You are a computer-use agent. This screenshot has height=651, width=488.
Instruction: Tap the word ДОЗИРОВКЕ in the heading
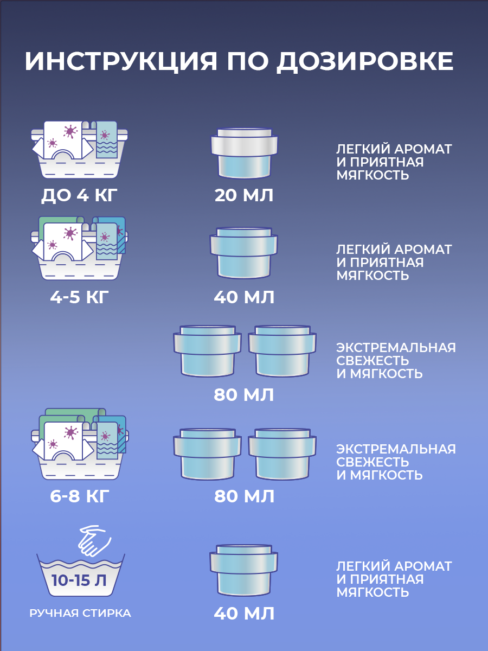coord(364,61)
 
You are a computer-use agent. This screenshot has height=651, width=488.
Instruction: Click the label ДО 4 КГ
coord(79,195)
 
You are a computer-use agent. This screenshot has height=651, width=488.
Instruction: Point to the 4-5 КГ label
coord(79,297)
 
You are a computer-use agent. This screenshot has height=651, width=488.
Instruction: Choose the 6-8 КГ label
coord(79,496)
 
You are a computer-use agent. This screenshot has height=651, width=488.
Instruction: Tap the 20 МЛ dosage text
coord(244,195)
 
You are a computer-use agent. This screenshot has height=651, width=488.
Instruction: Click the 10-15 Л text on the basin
coord(79,580)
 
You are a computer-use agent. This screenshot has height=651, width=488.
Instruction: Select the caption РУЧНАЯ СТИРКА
coord(80,614)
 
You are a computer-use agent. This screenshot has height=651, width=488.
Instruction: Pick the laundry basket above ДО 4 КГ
coord(80,149)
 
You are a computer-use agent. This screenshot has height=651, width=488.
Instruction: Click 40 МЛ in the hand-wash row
coord(244,614)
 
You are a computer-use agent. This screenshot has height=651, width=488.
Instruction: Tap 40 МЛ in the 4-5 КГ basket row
coord(244,297)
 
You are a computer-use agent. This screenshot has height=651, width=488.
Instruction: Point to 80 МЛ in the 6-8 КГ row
coord(244,496)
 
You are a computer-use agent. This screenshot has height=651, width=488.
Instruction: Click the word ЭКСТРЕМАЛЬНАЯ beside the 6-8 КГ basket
coord(396,449)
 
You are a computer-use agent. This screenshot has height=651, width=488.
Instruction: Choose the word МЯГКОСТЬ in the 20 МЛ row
coord(373,175)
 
